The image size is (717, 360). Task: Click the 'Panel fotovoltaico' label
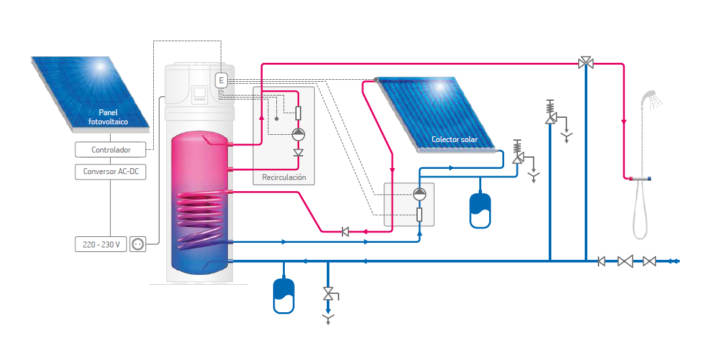tap(108, 117)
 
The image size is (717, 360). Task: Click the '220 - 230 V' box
tap(101, 244)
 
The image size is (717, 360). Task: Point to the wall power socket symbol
tap(138, 244)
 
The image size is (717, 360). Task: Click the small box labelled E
tap(221, 81)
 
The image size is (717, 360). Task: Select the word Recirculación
tap(284, 177)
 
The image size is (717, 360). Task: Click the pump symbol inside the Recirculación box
tap(298, 135)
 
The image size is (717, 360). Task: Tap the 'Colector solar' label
tap(454, 139)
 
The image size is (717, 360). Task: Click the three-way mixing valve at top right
tap(586, 63)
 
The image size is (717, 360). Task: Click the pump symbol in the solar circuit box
tap(419, 194)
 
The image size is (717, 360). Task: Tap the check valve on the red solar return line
tap(344, 231)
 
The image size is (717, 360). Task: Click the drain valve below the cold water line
tap(327, 294)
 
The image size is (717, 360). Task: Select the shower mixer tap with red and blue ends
tap(638, 179)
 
